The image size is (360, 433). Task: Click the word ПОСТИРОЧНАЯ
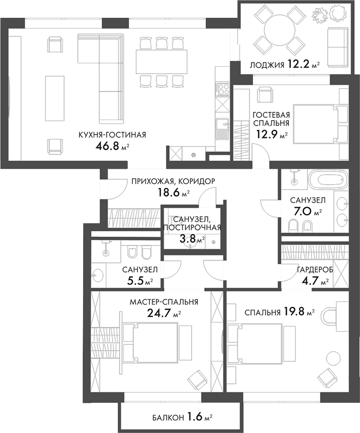point(192,227)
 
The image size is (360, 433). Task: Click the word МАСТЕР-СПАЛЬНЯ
point(164,302)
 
